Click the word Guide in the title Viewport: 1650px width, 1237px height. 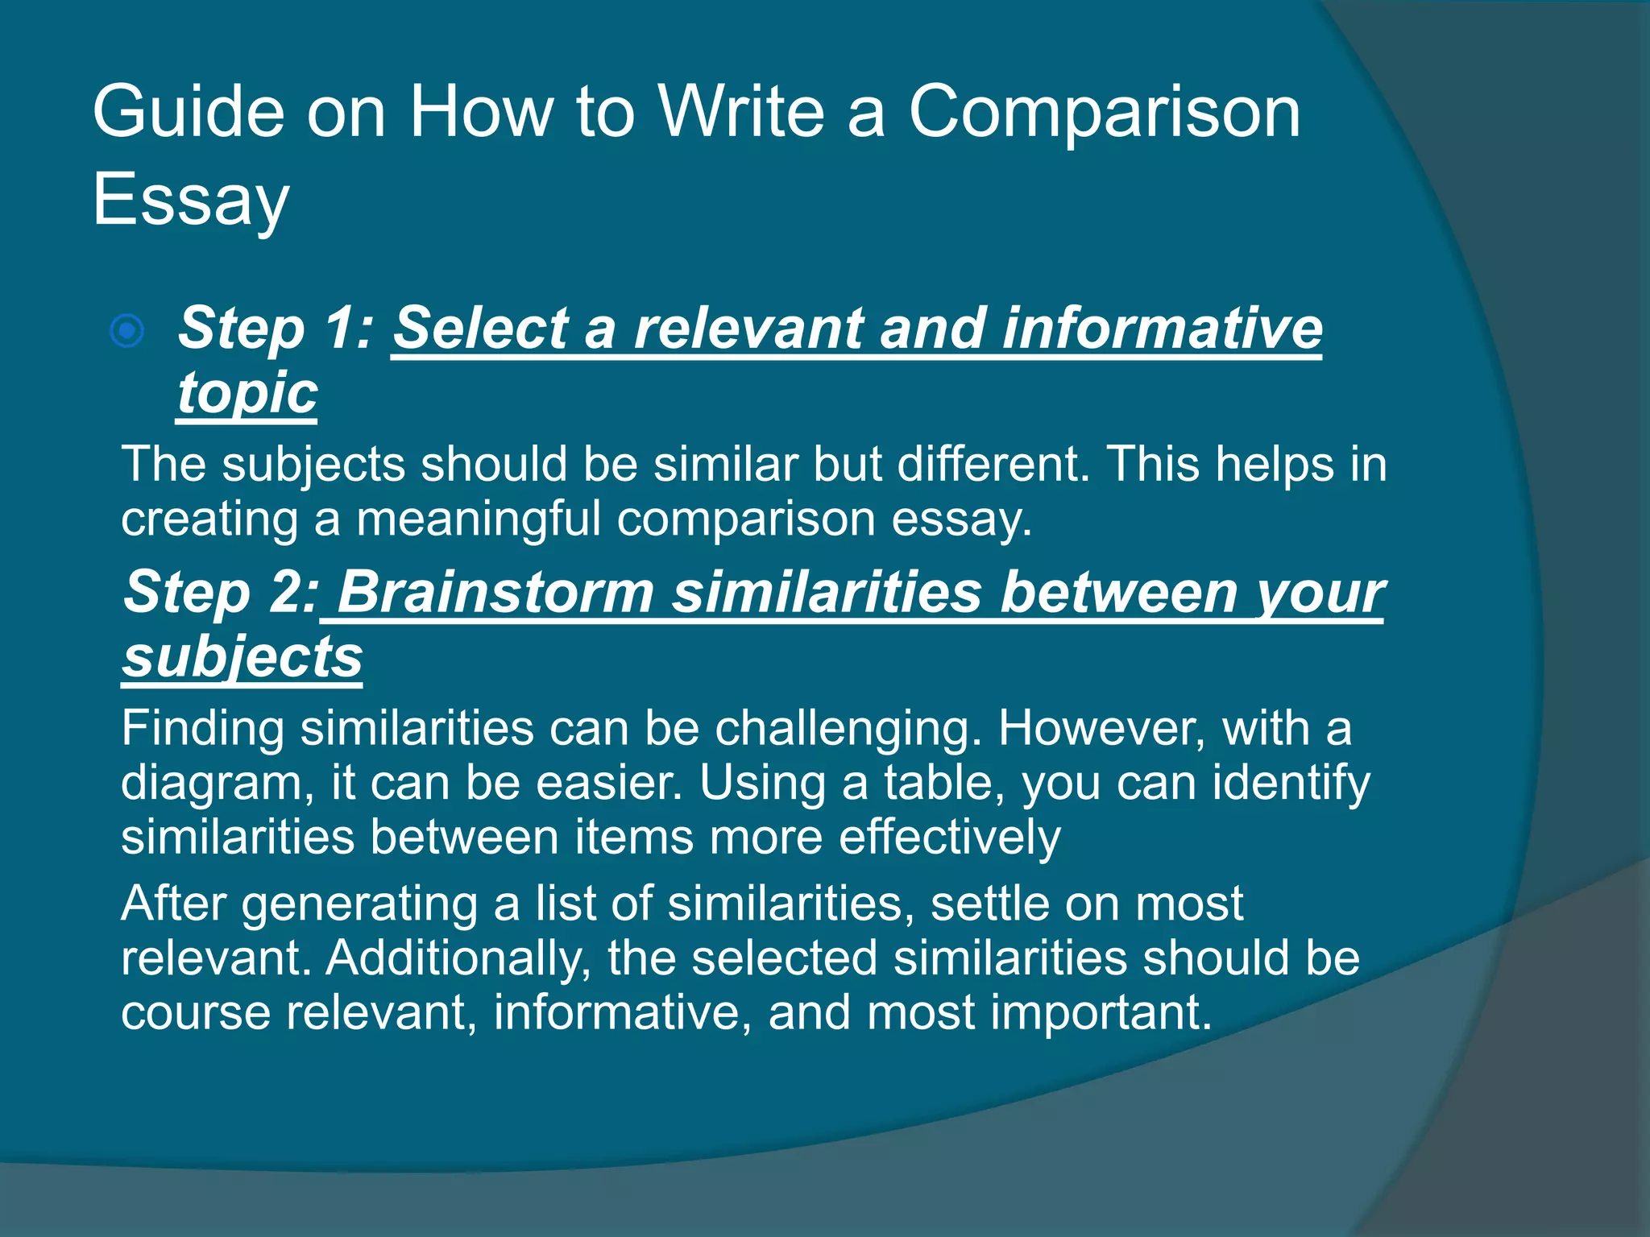click(x=189, y=113)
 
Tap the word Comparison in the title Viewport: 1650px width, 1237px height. click(x=1105, y=113)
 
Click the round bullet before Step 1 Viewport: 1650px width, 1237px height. click(x=127, y=331)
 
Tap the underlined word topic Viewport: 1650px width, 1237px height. click(x=247, y=394)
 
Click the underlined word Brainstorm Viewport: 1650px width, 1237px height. click(x=495, y=593)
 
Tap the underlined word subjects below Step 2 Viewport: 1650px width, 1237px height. click(x=242, y=657)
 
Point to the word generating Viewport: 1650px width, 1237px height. click(x=359, y=904)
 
